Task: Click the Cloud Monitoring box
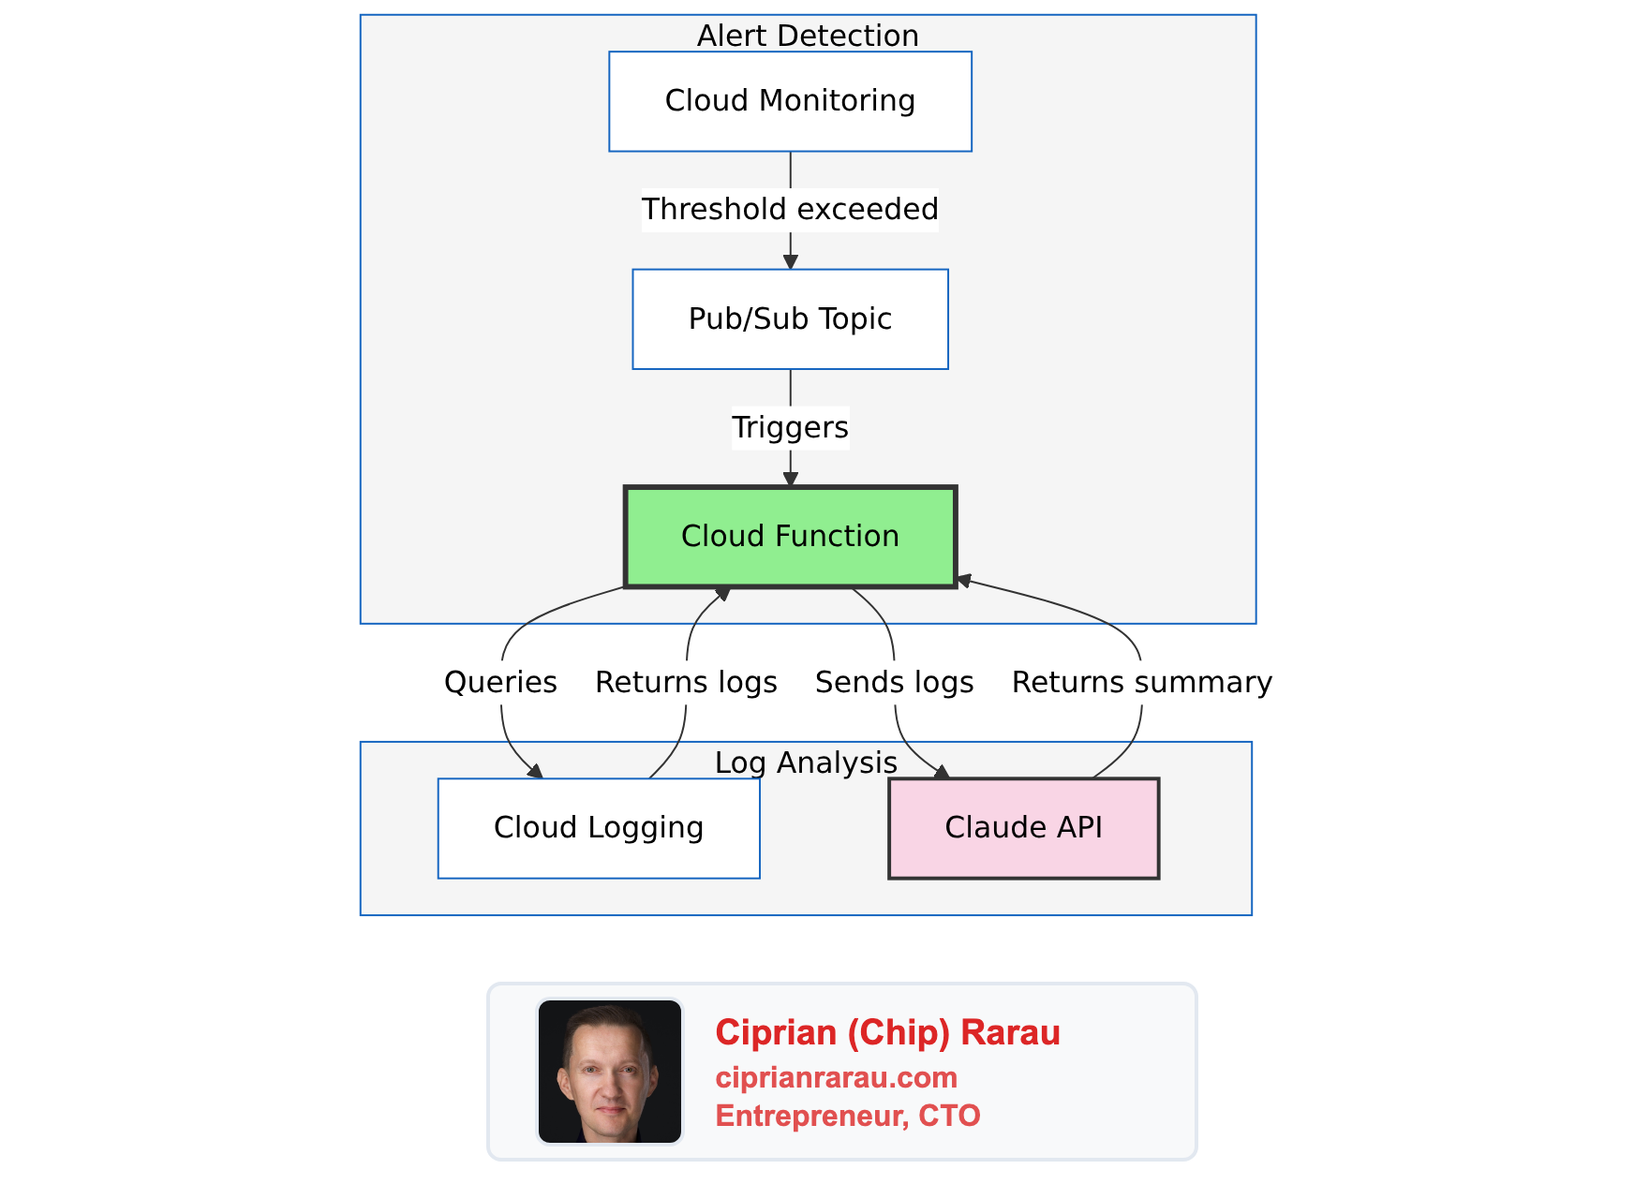[790, 101]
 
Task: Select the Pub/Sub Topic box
[790, 319]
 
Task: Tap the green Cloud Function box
[790, 537]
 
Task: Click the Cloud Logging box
[599, 828]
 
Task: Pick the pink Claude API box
[1023, 828]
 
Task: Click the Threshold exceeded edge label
[790, 209]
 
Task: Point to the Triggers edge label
[790, 427]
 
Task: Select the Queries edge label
[500, 682]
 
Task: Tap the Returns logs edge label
[686, 682]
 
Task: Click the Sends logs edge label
[894, 682]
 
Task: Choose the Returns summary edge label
[1141, 682]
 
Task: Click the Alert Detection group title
[808, 36]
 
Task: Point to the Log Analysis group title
[806, 762]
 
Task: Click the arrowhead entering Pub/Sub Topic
[790, 262]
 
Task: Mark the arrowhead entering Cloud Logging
[535, 771]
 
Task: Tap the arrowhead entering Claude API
[942, 771]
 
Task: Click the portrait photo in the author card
[610, 1072]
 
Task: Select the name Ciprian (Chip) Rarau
[887, 1032]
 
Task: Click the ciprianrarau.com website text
[836, 1077]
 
